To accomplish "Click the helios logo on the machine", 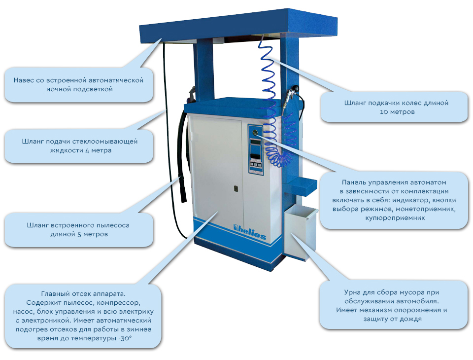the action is coord(250,232).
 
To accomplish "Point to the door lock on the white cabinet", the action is coord(236,188).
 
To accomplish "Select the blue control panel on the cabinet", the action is coord(255,149).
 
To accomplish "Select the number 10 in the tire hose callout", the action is coord(384,112).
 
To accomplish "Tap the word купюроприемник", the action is coord(395,218).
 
